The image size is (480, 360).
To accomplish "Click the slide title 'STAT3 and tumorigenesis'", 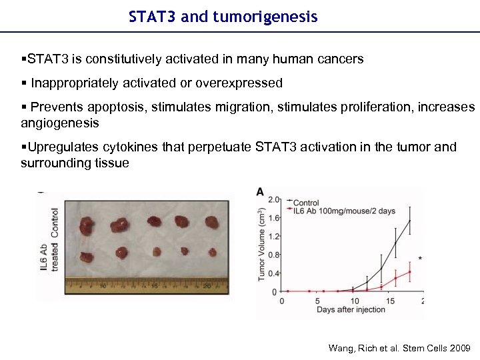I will [x=223, y=17].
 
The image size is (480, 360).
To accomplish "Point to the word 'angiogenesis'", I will [x=60, y=123].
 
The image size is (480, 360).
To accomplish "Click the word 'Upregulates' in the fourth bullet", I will [x=61, y=147].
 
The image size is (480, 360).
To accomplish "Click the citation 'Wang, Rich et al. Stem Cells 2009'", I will [x=399, y=348].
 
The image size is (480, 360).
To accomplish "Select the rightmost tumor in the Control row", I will [x=213, y=222].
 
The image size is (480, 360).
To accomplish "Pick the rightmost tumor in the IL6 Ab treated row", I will [x=212, y=253].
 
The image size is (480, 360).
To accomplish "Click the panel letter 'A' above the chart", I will [x=260, y=192].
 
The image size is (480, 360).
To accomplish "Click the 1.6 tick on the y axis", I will [x=273, y=218].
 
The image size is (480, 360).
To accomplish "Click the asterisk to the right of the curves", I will [x=419, y=258].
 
